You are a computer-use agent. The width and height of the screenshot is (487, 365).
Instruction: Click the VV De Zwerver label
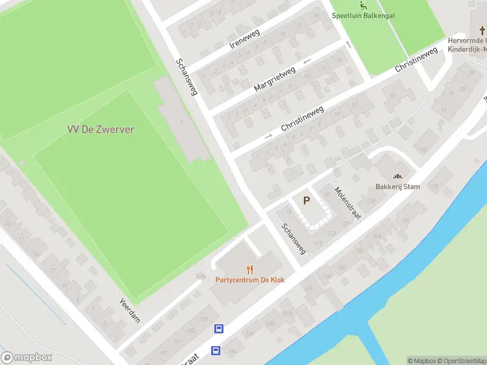coord(100,129)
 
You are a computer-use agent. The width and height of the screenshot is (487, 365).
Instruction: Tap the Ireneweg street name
coord(244,39)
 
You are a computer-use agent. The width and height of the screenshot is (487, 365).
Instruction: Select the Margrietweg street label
coord(275,79)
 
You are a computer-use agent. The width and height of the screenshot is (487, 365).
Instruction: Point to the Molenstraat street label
coord(348,203)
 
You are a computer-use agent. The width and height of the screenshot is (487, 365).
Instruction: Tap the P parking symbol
coord(307,200)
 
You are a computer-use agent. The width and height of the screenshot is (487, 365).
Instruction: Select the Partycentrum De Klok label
coord(250,280)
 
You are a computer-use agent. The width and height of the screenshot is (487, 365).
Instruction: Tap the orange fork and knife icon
coord(250,269)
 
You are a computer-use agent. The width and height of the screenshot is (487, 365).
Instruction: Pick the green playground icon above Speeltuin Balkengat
coord(363,5)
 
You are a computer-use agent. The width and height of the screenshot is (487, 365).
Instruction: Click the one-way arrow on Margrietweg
coord(306,60)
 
